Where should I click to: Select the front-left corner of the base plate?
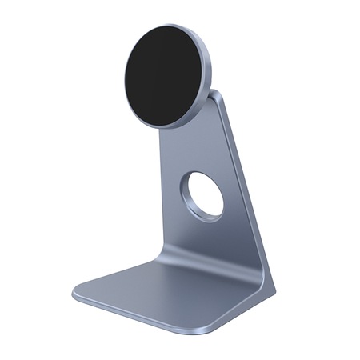click(78, 294)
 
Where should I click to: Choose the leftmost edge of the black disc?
click(126, 78)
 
